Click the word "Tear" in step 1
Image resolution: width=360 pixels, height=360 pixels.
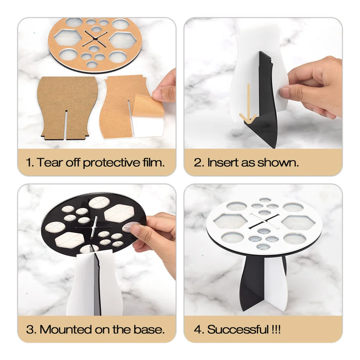[50, 162]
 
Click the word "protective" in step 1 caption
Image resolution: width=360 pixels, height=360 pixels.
[110, 162]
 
